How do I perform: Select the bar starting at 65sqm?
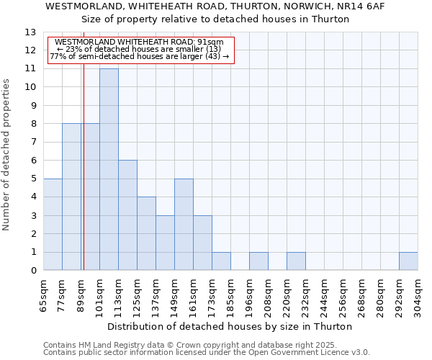click(x=53, y=224)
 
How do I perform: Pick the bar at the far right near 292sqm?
click(x=408, y=261)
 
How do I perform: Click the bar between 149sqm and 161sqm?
click(x=184, y=224)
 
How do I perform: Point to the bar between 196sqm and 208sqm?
click(x=258, y=261)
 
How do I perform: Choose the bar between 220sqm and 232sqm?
click(x=296, y=261)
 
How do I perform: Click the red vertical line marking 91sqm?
click(x=84, y=180)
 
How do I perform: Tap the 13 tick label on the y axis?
click(x=30, y=32)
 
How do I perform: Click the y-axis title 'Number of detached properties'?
click(x=7, y=155)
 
